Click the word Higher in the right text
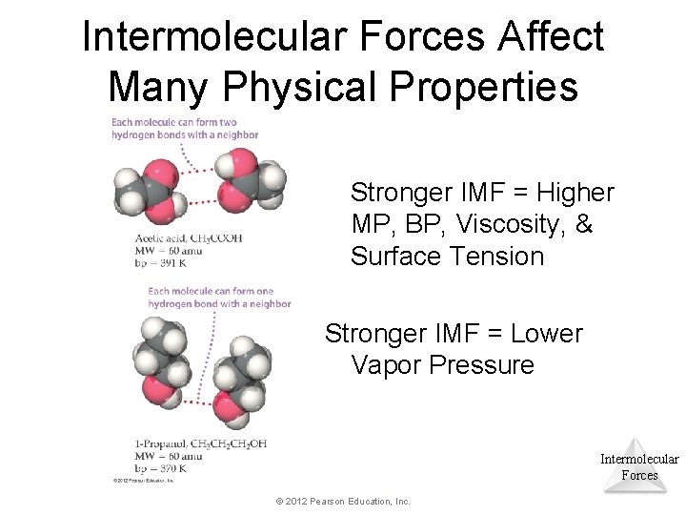point(575,193)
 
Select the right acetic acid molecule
point(249,183)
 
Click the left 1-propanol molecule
point(160,363)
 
